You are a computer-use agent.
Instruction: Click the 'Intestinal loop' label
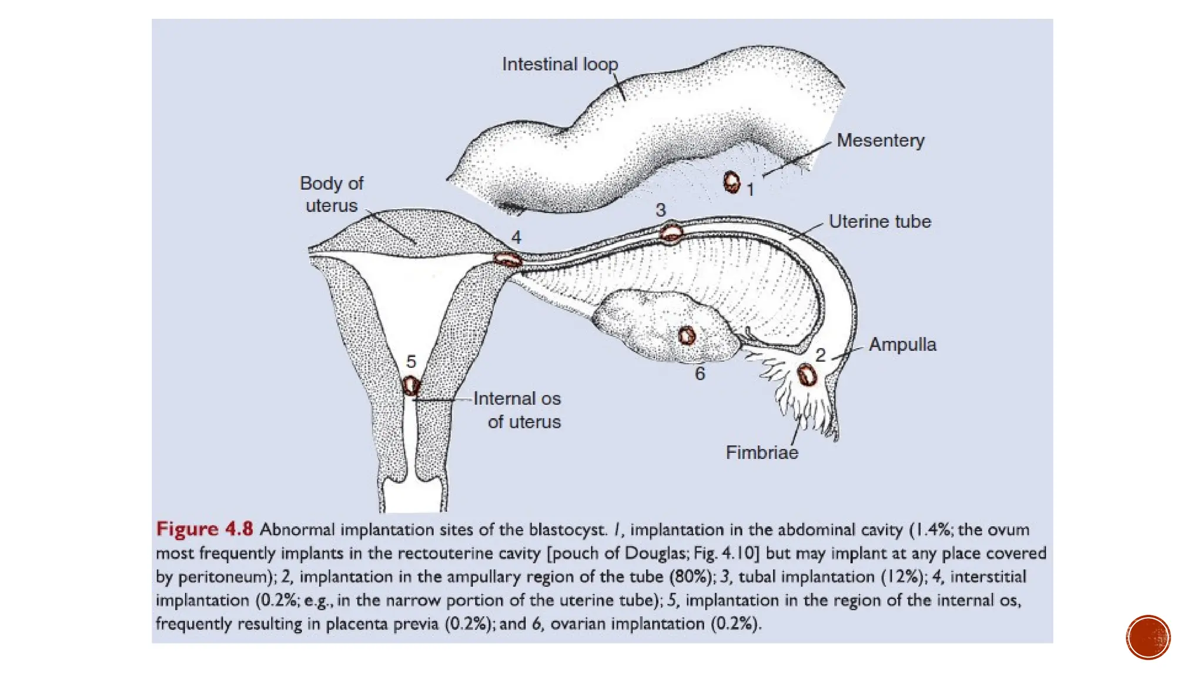point(560,64)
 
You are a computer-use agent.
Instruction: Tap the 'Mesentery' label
point(880,140)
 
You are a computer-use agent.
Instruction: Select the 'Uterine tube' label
point(879,222)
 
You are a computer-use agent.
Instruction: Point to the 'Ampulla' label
point(902,344)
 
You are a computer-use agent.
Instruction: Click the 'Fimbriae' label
point(762,453)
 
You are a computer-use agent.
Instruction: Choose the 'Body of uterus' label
point(332,195)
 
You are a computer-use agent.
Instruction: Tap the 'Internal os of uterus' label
point(517,410)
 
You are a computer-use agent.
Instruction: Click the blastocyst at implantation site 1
point(731,182)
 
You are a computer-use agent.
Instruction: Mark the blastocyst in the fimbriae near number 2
point(807,375)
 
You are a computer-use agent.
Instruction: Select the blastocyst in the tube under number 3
point(671,233)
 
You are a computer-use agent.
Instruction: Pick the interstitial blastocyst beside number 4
point(507,259)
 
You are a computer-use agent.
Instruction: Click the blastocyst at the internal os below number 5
point(411,386)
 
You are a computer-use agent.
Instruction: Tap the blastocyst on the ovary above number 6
point(687,336)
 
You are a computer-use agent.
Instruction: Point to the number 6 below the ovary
point(700,374)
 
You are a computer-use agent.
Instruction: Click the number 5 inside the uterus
point(411,361)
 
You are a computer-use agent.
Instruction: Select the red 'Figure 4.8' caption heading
point(205,529)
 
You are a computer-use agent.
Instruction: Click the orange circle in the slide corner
point(1148,638)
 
